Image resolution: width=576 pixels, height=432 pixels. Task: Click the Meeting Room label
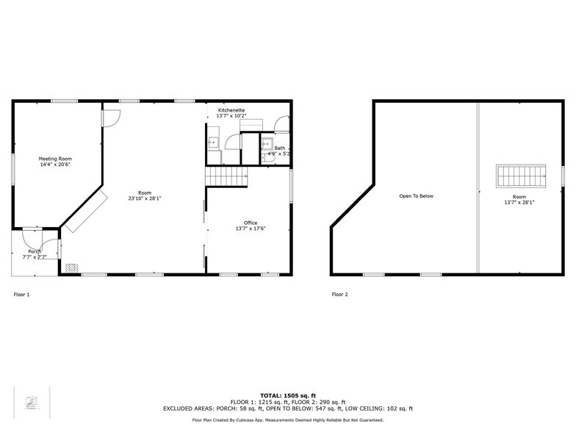point(55,159)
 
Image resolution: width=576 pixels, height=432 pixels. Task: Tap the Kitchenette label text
point(231,110)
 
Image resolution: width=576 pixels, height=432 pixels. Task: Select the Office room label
point(251,223)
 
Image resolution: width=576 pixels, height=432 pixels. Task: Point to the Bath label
point(280,148)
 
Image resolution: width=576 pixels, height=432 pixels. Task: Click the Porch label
point(35,252)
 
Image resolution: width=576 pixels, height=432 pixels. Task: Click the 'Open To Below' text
point(417,196)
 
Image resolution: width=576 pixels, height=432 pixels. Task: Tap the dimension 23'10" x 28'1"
point(144,198)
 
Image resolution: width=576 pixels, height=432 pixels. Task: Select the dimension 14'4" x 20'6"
point(55,165)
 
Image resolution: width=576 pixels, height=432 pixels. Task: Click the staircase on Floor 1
point(226,176)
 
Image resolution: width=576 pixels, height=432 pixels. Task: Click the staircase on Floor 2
point(521,177)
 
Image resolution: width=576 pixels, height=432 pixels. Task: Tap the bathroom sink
point(267,143)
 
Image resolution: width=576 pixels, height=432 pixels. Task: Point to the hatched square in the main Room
point(71,268)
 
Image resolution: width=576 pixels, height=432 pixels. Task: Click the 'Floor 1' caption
point(22,295)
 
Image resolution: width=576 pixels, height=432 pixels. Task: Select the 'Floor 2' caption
point(339,295)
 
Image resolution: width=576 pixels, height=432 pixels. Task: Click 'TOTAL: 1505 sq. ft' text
point(287,395)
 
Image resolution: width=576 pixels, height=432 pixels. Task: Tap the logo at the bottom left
point(32,403)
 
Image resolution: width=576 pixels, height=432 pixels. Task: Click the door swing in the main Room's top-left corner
point(111,118)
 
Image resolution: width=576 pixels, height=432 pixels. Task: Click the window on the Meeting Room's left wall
point(12,165)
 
